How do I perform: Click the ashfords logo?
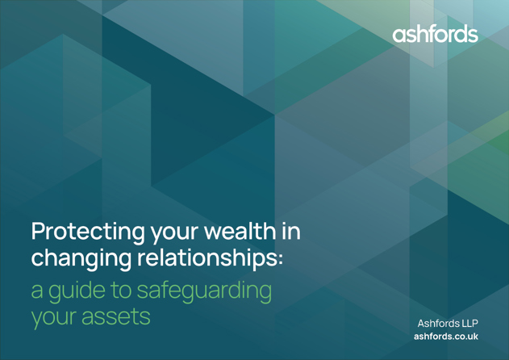[x=435, y=33]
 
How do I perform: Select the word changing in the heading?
[x=81, y=259]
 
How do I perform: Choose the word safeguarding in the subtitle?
[x=204, y=291]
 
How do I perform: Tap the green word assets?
[x=116, y=317]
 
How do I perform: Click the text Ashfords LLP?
[x=448, y=324]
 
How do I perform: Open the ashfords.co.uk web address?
[x=446, y=337]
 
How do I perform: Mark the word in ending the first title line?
[x=291, y=231]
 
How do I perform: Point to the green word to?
[x=121, y=291]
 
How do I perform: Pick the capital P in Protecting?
[x=38, y=231]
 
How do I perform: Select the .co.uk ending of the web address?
[x=466, y=337]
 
